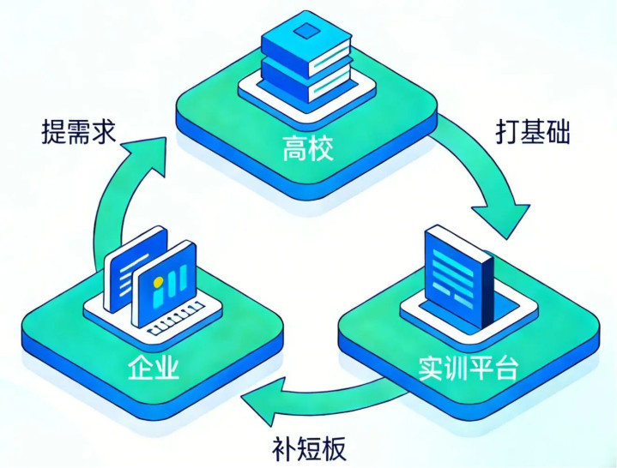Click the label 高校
pos(307,151)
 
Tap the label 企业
pos(154,368)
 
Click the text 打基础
pos(532,132)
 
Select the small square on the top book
pos(306,33)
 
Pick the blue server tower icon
pos(460,274)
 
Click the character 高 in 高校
pos(294,151)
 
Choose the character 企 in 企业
pos(141,368)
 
